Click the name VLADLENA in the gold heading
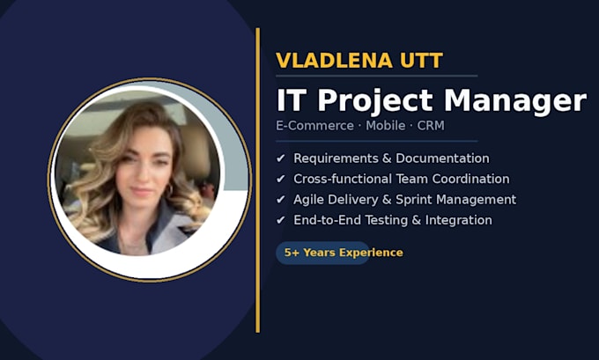coord(334,61)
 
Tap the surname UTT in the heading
coord(421,61)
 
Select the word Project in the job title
coord(375,101)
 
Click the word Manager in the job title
coord(515,101)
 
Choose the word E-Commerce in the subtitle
coord(314,126)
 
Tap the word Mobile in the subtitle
coord(386,126)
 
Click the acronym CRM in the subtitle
coord(431,126)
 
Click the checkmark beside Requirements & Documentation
coord(281,158)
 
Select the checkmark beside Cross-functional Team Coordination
coord(281,179)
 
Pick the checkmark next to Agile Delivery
coord(281,199)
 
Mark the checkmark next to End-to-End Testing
coord(281,220)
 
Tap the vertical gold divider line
coord(258,180)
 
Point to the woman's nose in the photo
coord(142,174)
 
